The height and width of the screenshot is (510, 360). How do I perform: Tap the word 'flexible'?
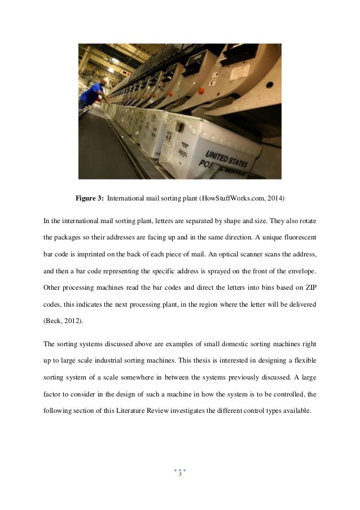[304, 360]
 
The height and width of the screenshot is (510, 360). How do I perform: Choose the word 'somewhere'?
[141, 376]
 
